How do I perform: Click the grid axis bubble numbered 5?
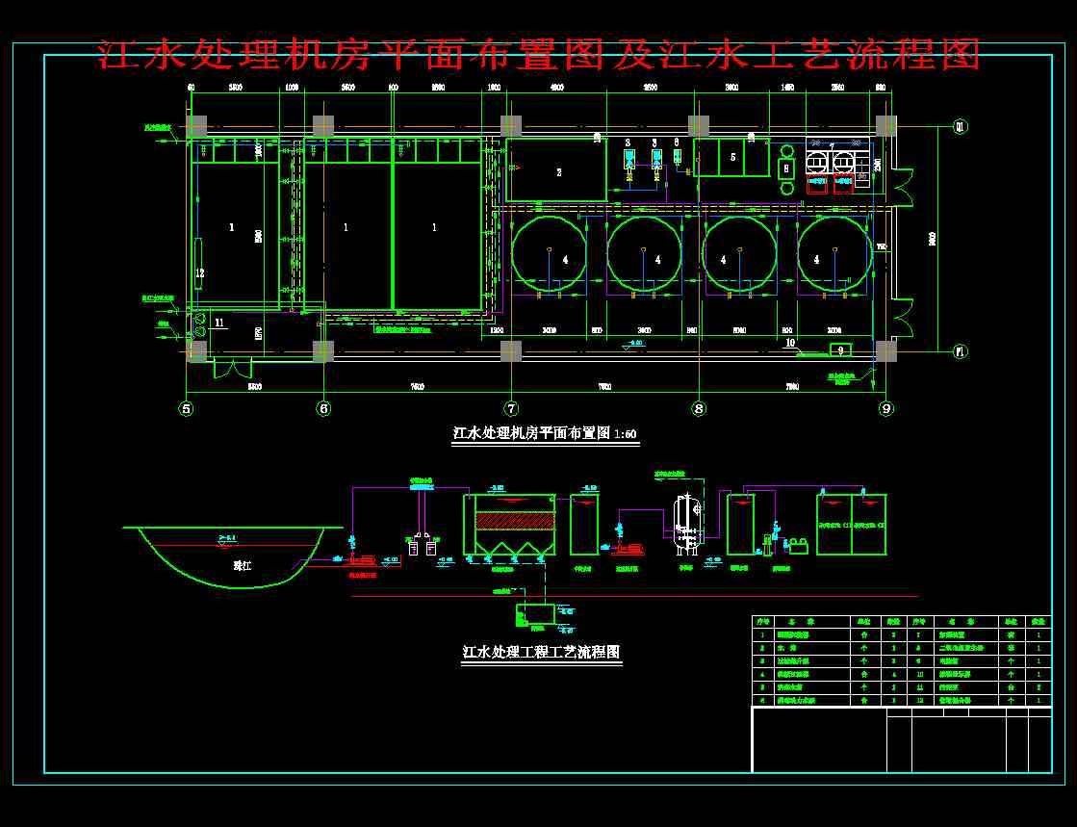coord(187,408)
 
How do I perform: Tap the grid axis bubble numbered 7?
coord(511,408)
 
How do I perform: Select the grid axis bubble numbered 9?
coord(885,408)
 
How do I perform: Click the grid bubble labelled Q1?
coord(960,126)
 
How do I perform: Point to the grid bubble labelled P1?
coord(960,351)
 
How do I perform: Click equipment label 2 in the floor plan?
coord(558,172)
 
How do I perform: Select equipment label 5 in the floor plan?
coord(732,156)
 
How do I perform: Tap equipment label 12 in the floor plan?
coord(199,272)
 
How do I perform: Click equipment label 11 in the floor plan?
coord(219,323)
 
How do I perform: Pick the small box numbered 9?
coord(839,349)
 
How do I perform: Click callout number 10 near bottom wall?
coord(790,343)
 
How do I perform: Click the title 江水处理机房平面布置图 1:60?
coord(545,433)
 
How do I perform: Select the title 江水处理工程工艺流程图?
coord(542,652)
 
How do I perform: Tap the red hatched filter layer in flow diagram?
coord(510,521)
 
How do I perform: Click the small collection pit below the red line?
coord(534,612)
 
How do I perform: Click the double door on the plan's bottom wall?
coord(232,367)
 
